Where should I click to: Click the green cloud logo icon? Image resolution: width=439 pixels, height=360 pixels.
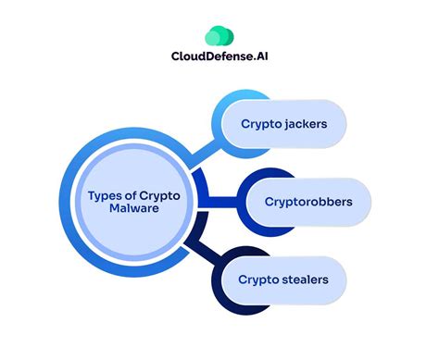[219, 35]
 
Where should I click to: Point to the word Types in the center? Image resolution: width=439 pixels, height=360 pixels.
[103, 194]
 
